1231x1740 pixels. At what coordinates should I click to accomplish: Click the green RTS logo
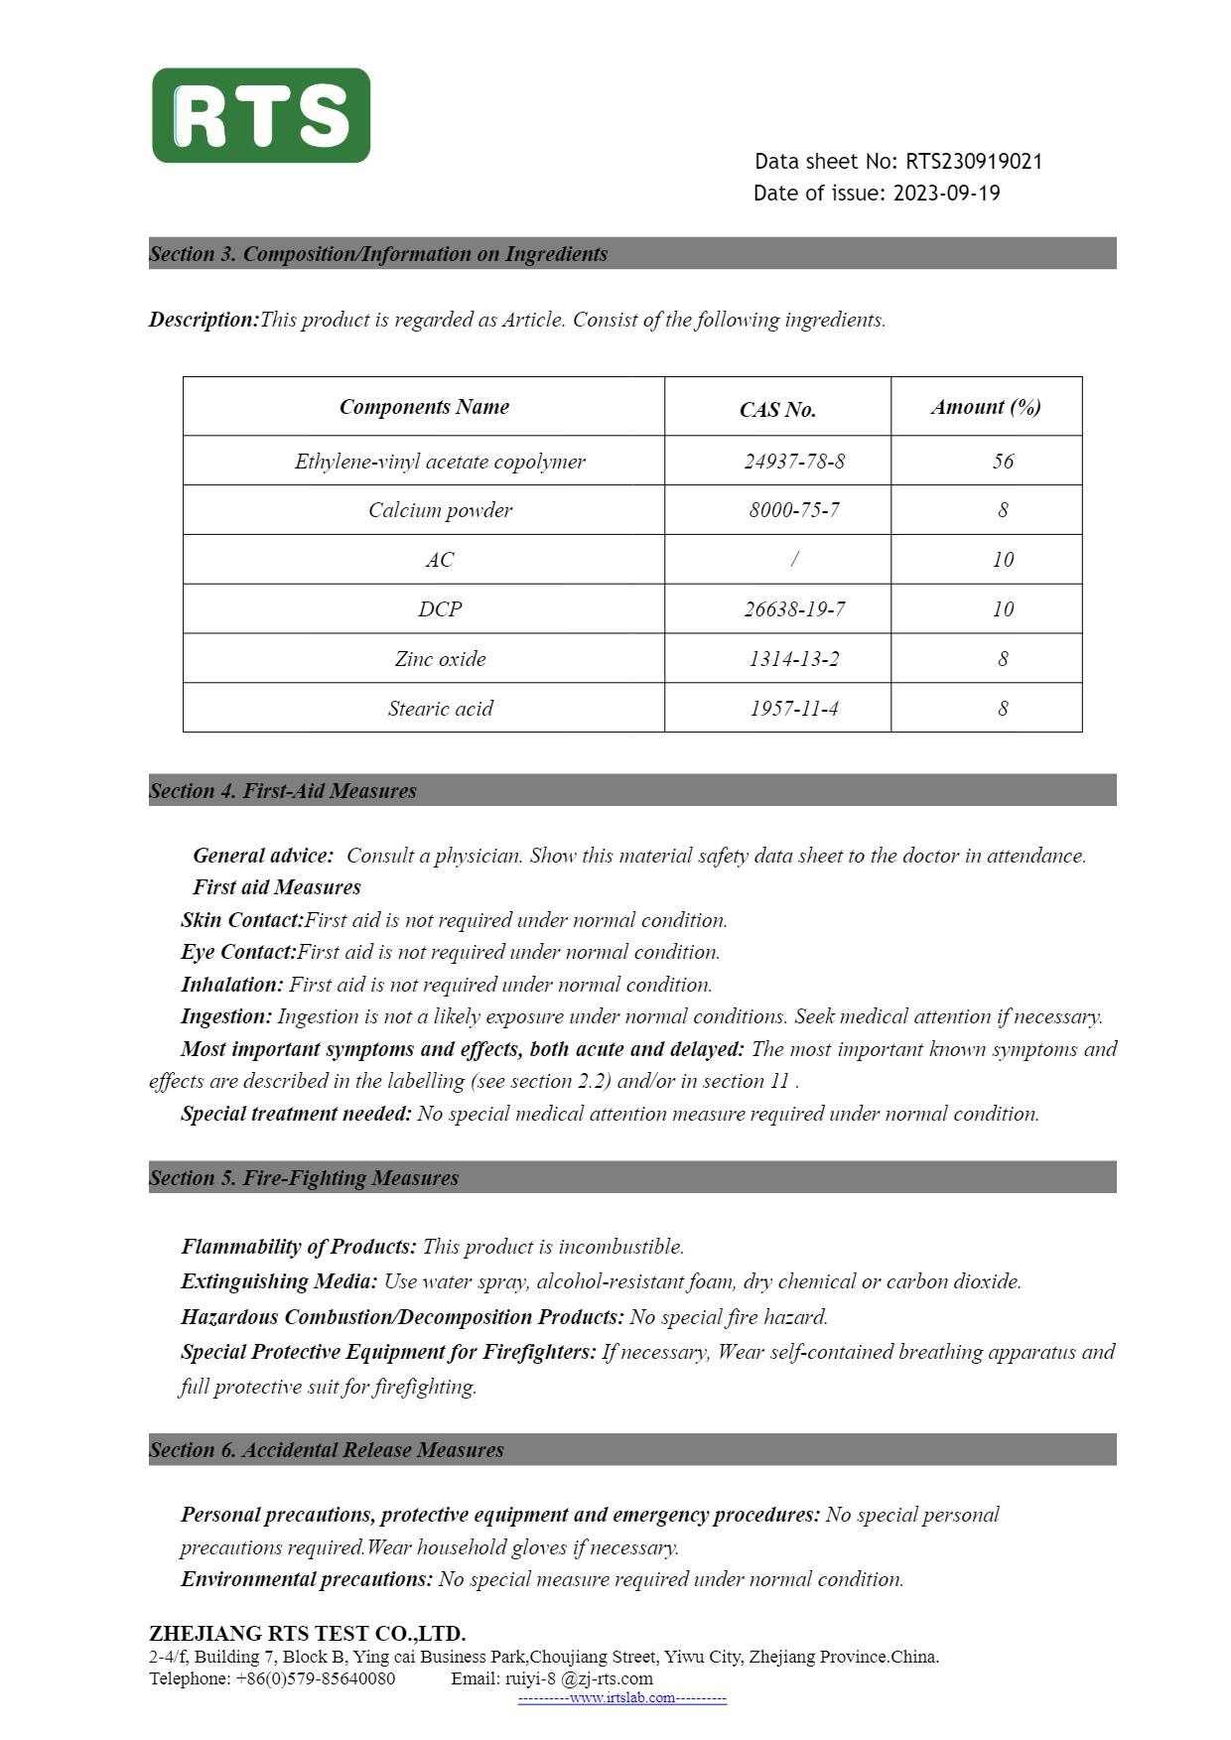(261, 115)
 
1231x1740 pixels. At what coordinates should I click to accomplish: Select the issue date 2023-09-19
(946, 194)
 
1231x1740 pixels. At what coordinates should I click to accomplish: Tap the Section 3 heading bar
(631, 253)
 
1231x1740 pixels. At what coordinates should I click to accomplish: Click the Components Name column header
(424, 407)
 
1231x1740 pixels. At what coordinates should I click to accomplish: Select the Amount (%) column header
(985, 407)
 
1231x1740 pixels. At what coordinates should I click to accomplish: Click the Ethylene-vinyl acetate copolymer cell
(440, 462)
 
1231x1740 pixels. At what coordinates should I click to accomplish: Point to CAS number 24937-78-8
(794, 462)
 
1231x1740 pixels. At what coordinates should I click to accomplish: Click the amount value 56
(1003, 462)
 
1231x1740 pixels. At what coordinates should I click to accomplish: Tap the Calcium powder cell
(440, 510)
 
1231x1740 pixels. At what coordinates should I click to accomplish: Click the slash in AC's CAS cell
(794, 560)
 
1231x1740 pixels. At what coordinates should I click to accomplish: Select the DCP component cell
(440, 609)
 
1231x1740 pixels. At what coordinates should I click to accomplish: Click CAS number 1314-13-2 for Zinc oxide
(793, 659)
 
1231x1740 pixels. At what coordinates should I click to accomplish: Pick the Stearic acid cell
(440, 709)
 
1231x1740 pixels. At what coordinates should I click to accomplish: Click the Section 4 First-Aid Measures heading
(283, 791)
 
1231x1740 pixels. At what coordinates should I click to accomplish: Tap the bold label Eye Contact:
(238, 952)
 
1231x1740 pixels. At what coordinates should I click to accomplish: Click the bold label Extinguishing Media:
(279, 1281)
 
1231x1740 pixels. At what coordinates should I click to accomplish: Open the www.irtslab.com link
(621, 1697)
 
